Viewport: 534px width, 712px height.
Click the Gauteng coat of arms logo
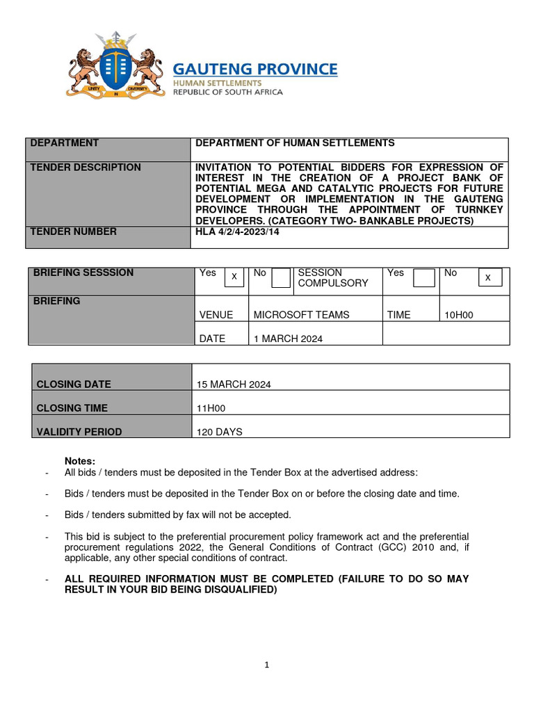[115, 66]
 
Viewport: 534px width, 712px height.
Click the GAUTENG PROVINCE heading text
[255, 69]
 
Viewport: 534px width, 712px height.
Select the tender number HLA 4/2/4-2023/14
[236, 232]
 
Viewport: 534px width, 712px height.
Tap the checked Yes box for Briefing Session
[234, 277]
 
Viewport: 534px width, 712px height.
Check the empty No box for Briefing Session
[281, 278]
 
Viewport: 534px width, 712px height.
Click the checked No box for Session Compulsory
[489, 277]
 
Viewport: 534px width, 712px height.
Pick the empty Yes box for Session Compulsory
[423, 278]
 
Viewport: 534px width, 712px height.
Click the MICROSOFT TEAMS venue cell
[301, 315]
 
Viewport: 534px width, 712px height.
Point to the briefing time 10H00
[459, 315]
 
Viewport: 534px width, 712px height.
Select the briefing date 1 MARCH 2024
[288, 338]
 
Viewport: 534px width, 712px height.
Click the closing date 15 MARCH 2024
[234, 385]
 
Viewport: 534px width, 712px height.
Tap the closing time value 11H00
[211, 408]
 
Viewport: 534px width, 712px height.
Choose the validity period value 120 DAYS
[220, 432]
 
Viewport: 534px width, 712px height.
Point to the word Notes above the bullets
[80, 461]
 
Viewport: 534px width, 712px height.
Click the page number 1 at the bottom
[266, 665]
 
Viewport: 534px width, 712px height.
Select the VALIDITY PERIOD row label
[79, 432]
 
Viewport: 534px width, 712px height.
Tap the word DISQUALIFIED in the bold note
[238, 590]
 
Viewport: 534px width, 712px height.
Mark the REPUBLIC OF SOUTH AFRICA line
[227, 92]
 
